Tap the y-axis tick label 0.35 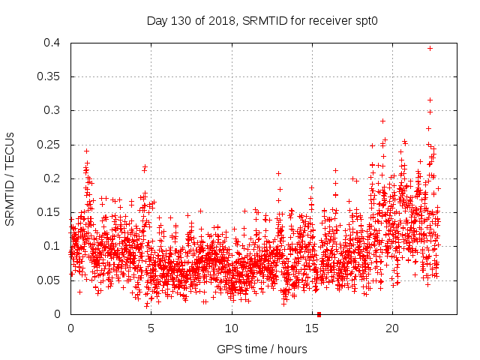(x=52, y=76)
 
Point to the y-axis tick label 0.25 (x=52, y=144)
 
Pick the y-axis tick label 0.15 (x=52, y=212)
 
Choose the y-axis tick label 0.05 (x=52, y=280)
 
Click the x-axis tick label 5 (x=151, y=328)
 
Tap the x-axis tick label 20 (x=392, y=328)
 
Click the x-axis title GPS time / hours (x=262, y=349)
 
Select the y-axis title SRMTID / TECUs (x=10, y=178)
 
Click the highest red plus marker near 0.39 (x=430, y=48)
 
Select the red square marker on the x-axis (x=319, y=314)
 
